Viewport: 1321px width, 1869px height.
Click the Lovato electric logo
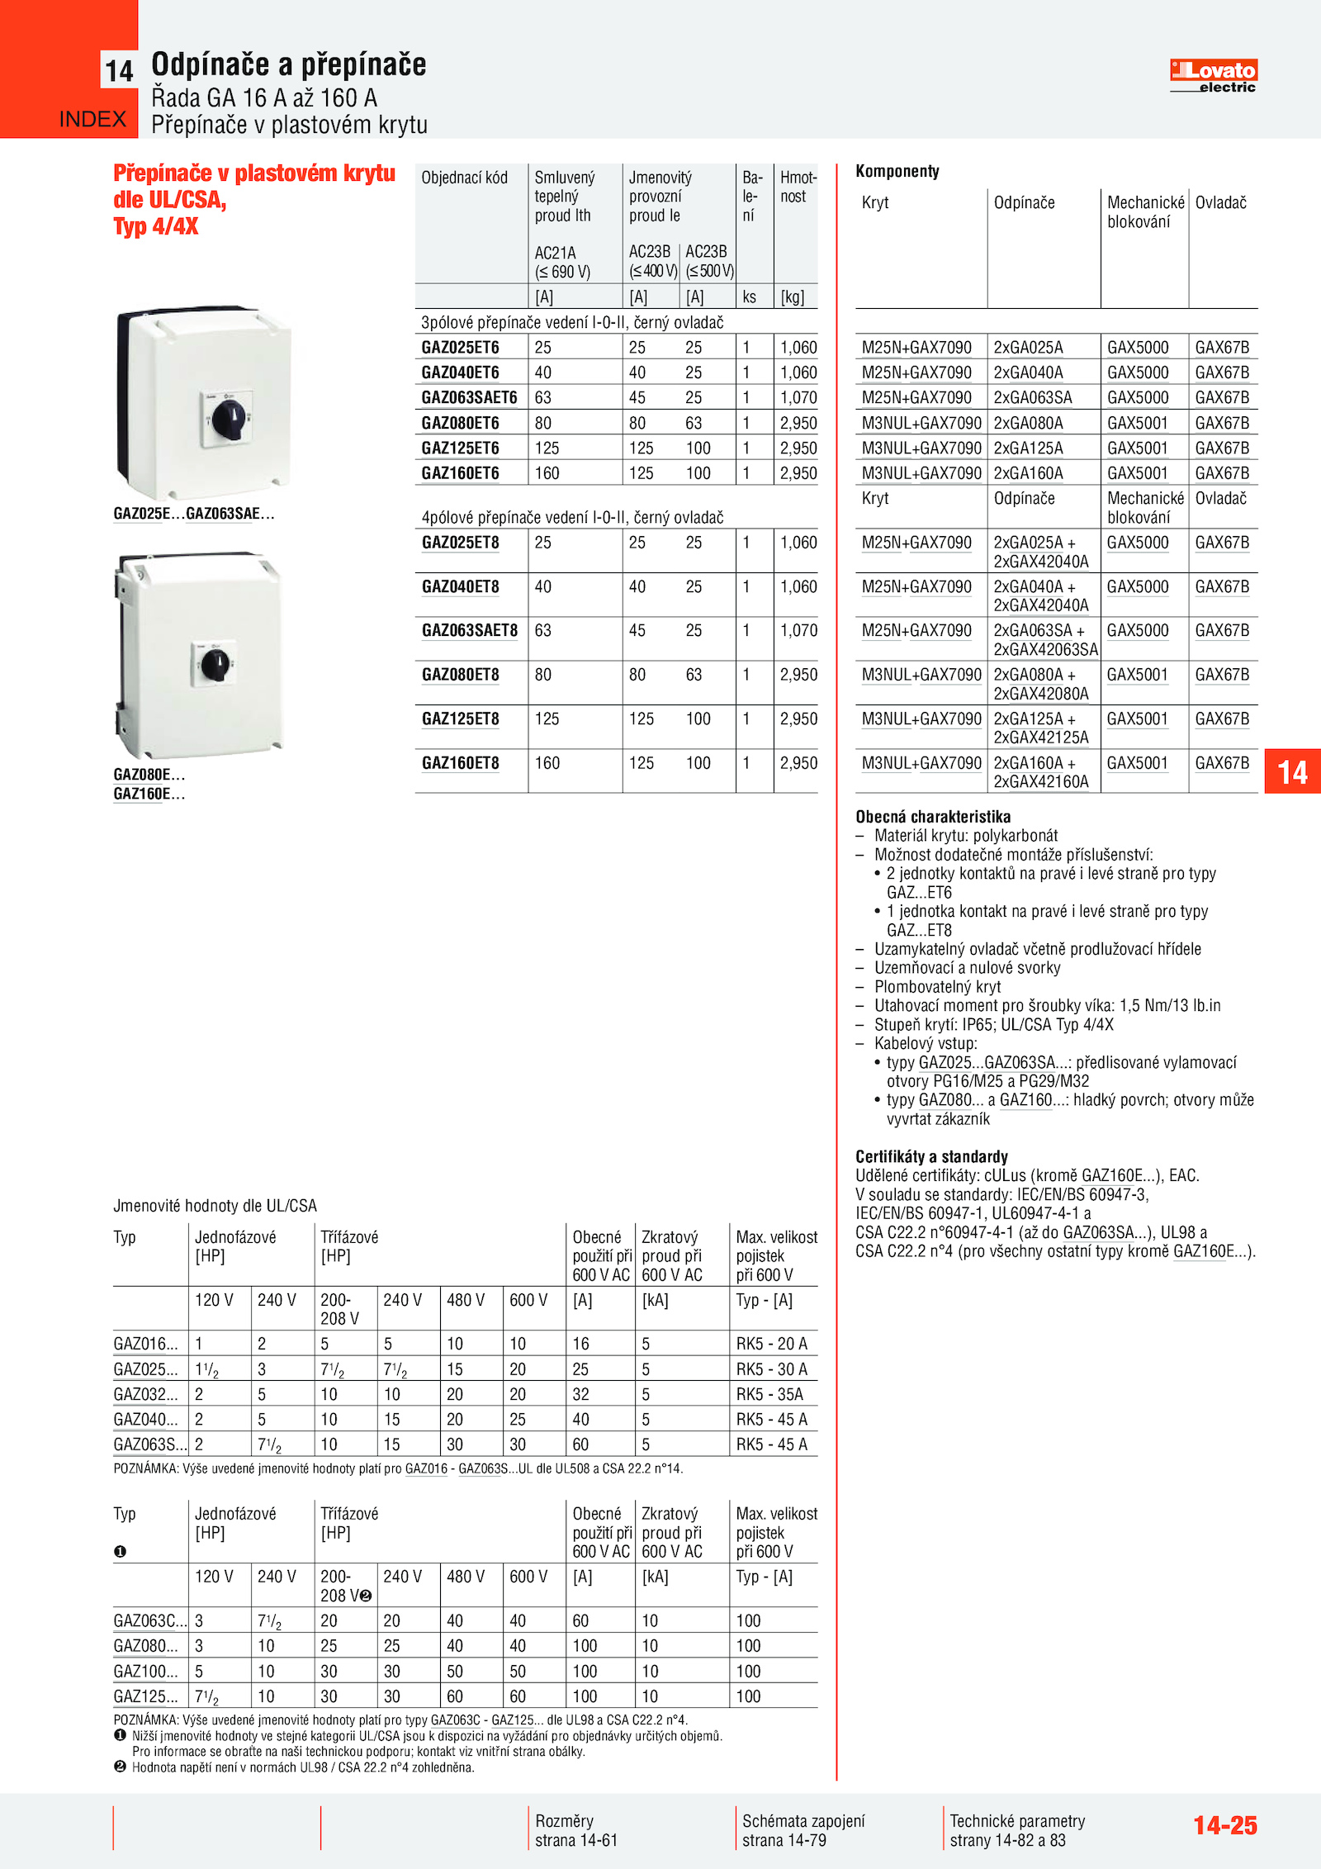pyautogui.click(x=1213, y=76)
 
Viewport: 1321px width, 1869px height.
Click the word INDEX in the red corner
pyautogui.click(x=92, y=120)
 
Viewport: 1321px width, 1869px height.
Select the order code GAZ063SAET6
pyautogui.click(x=469, y=398)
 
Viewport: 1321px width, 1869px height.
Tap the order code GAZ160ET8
pyautogui.click(x=460, y=763)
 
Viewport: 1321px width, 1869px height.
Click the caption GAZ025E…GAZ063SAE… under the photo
pyautogui.click(x=194, y=514)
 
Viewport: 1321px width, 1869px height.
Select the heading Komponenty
pyautogui.click(x=897, y=172)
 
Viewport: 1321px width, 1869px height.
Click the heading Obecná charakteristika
pyautogui.click(x=932, y=817)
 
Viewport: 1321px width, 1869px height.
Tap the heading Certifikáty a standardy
pyautogui.click(x=931, y=1156)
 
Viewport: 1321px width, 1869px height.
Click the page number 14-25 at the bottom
pyautogui.click(x=1224, y=1825)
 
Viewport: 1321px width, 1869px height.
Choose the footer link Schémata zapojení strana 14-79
pyautogui.click(x=803, y=1830)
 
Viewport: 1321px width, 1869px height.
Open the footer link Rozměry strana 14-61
pyautogui.click(x=575, y=1830)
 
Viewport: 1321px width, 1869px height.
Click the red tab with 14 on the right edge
pyautogui.click(x=1292, y=772)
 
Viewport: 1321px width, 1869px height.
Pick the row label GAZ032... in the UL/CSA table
pyautogui.click(x=145, y=1394)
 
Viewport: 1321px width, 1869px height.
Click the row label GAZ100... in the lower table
pyautogui.click(x=145, y=1671)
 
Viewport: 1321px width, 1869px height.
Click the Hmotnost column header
pyautogui.click(x=798, y=187)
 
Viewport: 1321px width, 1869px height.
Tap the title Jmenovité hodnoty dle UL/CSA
pyautogui.click(x=215, y=1206)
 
